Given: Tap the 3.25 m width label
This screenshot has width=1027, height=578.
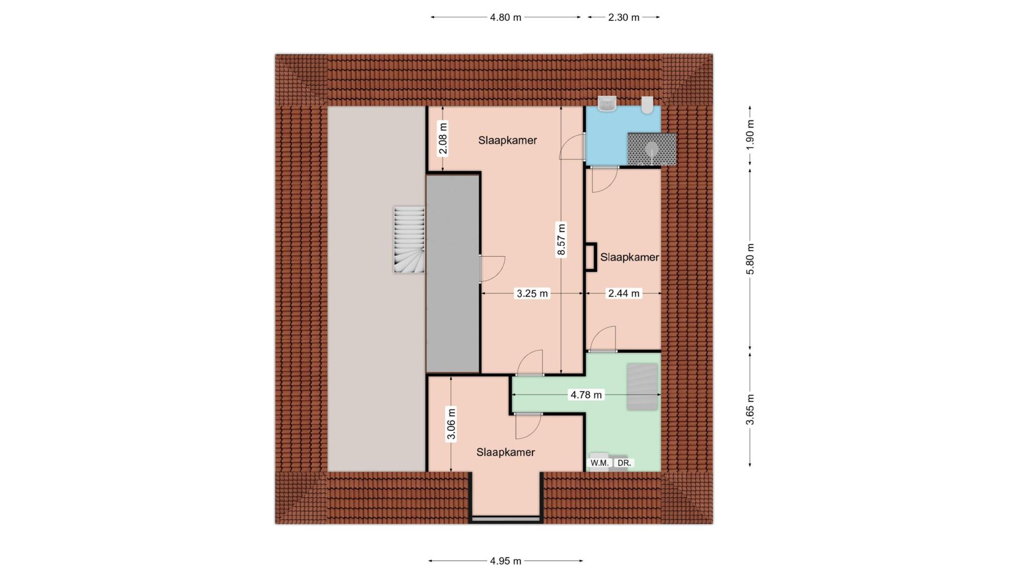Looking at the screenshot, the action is click(532, 293).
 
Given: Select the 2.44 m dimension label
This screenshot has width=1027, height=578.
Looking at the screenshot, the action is click(623, 293).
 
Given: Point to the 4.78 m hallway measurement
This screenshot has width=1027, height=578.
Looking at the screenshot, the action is click(586, 395).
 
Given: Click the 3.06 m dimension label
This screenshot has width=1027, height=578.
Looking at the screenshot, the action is click(451, 424).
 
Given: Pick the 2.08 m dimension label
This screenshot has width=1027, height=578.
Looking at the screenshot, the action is click(443, 138).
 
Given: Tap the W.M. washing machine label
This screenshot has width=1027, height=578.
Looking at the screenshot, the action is click(599, 463).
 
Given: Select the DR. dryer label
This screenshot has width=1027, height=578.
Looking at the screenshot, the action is click(624, 463).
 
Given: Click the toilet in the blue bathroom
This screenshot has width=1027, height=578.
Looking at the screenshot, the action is click(648, 105).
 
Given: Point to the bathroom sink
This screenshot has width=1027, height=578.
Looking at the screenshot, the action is click(607, 104).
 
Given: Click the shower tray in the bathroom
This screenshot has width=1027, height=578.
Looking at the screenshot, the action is click(652, 149).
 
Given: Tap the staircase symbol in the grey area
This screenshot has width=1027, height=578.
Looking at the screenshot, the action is click(409, 240).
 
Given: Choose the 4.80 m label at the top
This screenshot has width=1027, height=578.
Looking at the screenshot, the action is click(505, 17).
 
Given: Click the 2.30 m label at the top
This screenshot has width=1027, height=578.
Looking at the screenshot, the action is click(623, 17).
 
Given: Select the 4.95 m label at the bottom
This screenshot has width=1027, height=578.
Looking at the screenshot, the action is click(505, 561).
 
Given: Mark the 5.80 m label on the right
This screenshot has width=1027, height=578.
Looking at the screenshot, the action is click(750, 259).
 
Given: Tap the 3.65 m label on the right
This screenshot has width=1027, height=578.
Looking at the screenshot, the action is click(750, 409).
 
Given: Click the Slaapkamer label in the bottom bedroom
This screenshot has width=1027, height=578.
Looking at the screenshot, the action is click(506, 452).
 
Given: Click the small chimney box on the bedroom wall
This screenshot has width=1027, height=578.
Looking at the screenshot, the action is click(591, 257).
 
